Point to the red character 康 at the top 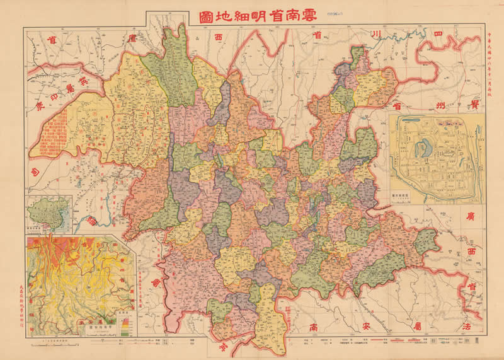click(x=132, y=39)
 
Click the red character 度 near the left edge click(x=39, y=105)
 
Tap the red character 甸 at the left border click(x=33, y=171)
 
